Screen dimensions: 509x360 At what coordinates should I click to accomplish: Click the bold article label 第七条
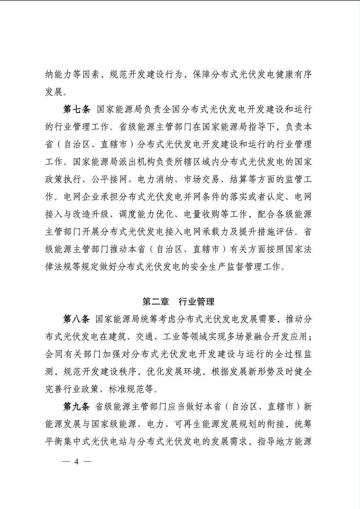[76, 110]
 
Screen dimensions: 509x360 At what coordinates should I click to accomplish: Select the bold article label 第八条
[76, 319]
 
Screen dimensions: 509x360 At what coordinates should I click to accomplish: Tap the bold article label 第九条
[76, 407]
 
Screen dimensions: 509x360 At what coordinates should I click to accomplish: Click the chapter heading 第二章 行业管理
[178, 301]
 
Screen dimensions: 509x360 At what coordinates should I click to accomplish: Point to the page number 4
[76, 462]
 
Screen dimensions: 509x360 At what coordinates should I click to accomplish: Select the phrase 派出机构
[146, 162]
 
